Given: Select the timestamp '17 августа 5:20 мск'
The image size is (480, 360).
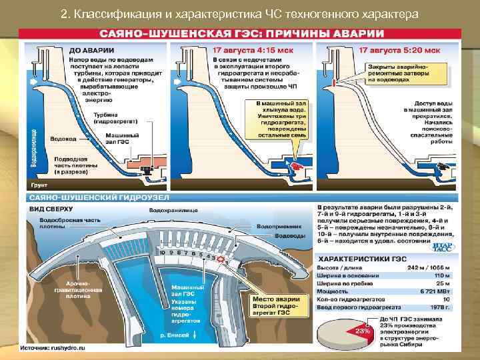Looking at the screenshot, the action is (x=398, y=50).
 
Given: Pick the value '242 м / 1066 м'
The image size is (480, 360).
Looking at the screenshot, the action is (x=429, y=267).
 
